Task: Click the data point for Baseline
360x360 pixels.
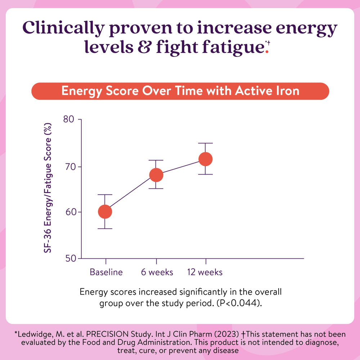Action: [x=105, y=212]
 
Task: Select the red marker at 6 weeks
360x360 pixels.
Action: [x=156, y=175]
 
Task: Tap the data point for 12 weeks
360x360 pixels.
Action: [x=206, y=159]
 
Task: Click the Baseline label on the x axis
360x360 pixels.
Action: [x=106, y=272]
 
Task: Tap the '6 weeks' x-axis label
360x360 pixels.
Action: [x=157, y=272]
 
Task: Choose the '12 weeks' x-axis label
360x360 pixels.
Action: [x=205, y=272]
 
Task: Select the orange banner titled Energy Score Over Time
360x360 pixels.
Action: [x=180, y=91]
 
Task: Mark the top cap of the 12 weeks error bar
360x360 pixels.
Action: [x=206, y=143]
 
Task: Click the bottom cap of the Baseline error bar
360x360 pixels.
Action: [x=105, y=229]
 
